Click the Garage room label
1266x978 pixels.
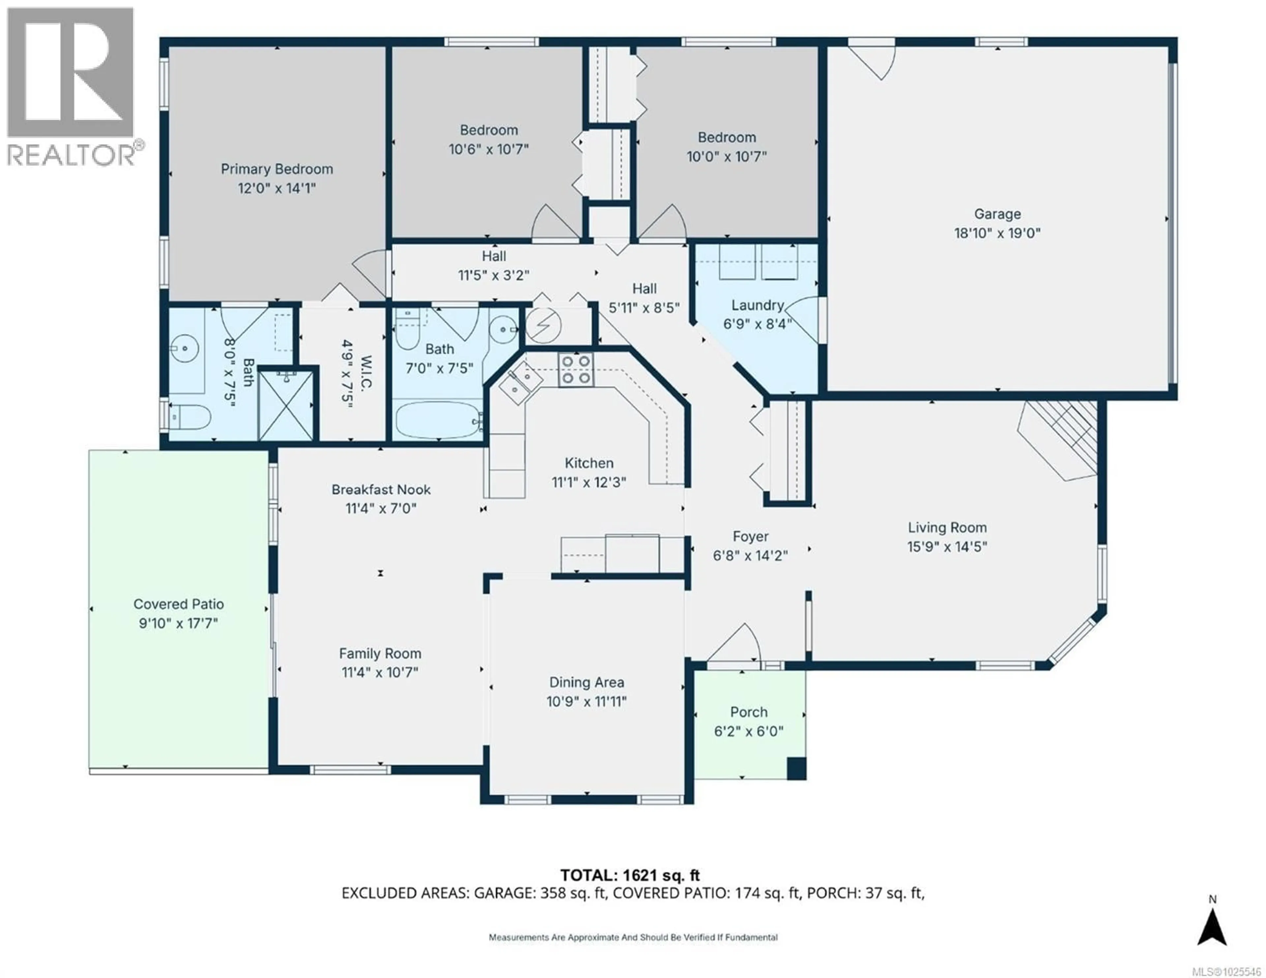997,214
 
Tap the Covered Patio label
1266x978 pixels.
179,604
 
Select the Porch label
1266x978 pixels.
749,712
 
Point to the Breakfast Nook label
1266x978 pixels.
381,489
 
